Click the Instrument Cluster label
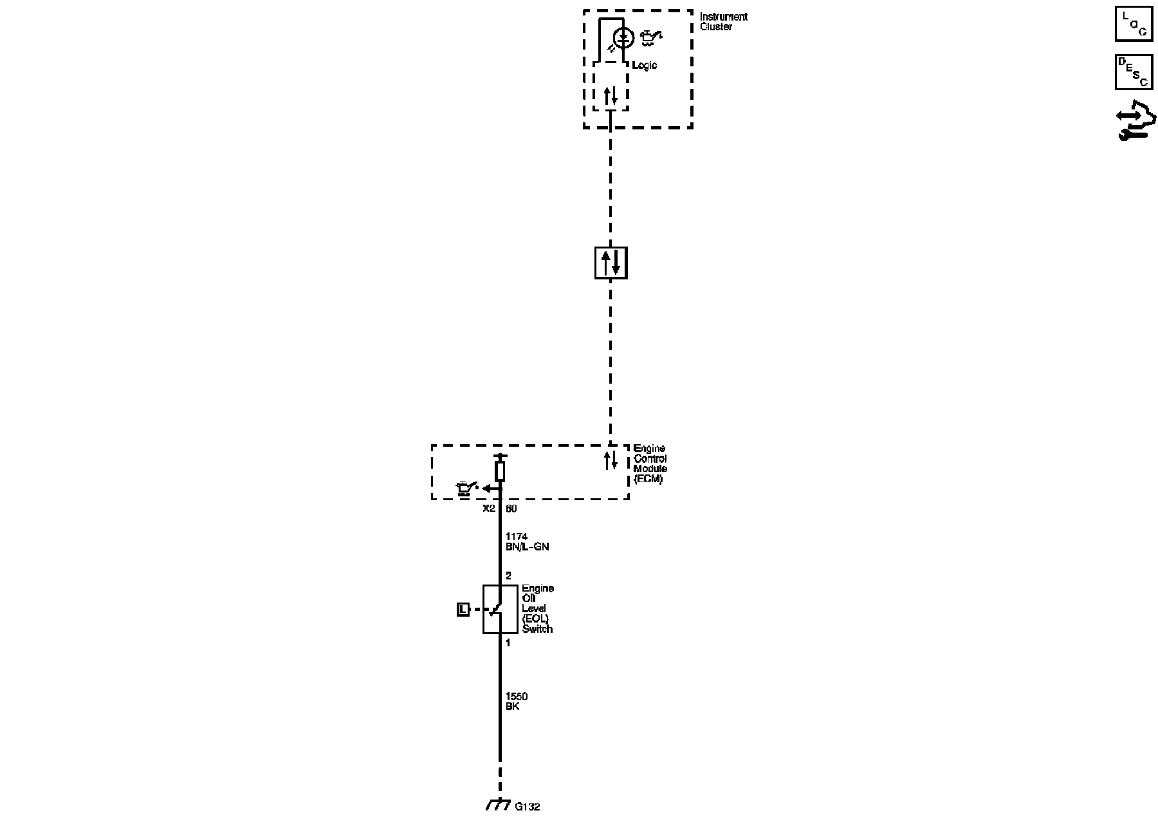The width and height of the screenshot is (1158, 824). [723, 22]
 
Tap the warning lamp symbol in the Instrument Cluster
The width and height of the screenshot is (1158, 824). [623, 38]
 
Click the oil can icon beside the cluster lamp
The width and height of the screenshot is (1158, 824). [650, 39]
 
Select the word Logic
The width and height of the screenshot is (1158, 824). [645, 66]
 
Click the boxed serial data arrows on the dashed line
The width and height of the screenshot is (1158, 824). [611, 263]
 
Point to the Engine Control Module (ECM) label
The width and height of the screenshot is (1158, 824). [650, 464]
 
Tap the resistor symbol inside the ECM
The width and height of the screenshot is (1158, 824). [500, 471]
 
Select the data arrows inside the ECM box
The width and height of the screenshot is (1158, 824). [611, 460]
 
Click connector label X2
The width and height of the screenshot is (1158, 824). [489, 509]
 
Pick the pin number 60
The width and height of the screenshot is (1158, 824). [511, 509]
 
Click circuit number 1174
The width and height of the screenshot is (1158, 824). [516, 536]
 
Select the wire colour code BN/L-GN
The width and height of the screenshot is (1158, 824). [527, 547]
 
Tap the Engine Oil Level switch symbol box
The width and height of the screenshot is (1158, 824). [500, 609]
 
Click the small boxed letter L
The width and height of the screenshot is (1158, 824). [463, 609]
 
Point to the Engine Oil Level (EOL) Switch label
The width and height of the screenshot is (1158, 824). [537, 608]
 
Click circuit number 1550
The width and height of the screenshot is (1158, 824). [517, 697]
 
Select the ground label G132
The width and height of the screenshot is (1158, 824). [528, 807]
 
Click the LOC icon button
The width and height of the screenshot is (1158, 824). [1134, 24]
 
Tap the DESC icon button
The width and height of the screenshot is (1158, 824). [1134, 71]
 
